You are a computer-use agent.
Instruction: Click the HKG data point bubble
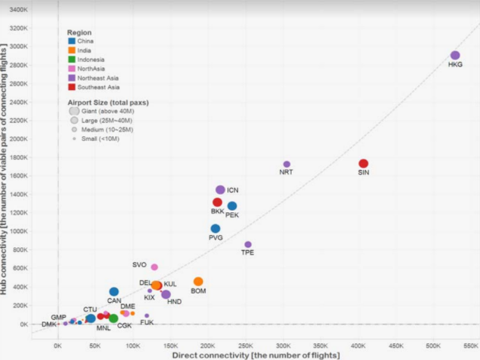[x=455, y=55]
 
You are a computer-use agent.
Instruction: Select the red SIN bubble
[x=363, y=163]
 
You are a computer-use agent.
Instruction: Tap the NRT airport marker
[x=287, y=164]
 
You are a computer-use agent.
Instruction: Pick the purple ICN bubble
[x=220, y=190]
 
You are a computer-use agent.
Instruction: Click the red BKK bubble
[x=218, y=202]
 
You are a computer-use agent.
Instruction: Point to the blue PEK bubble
[x=232, y=206]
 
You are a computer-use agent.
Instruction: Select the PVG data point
[x=216, y=228]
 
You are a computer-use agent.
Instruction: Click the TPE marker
[x=248, y=244]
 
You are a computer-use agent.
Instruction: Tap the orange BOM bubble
[x=198, y=282]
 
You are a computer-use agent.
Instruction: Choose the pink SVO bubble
[x=154, y=267]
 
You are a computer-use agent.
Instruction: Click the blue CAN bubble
[x=114, y=292]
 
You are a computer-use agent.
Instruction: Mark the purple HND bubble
[x=166, y=294]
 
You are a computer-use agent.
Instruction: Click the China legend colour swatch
[x=71, y=41]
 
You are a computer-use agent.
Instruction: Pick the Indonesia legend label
[x=91, y=60]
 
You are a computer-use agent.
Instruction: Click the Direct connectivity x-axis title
[x=255, y=355]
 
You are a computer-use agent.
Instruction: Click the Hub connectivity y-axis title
[x=5, y=168]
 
